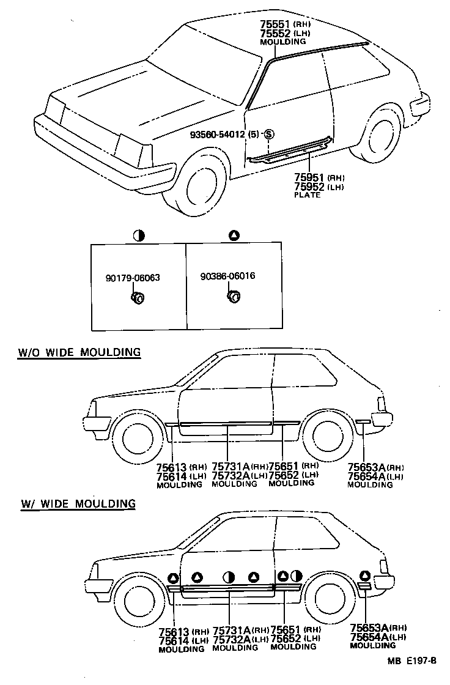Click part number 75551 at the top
[x=273, y=24]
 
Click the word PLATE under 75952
[x=308, y=194]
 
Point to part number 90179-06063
[x=132, y=277]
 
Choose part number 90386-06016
[x=227, y=276]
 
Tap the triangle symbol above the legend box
[x=233, y=235]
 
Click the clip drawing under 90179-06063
[x=138, y=298]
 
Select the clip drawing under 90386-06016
[x=233, y=297]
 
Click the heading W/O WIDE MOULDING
[x=79, y=352]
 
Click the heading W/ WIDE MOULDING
[x=77, y=504]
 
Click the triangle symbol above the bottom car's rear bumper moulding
[x=365, y=575]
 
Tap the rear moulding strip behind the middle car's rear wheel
[x=362, y=422]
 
